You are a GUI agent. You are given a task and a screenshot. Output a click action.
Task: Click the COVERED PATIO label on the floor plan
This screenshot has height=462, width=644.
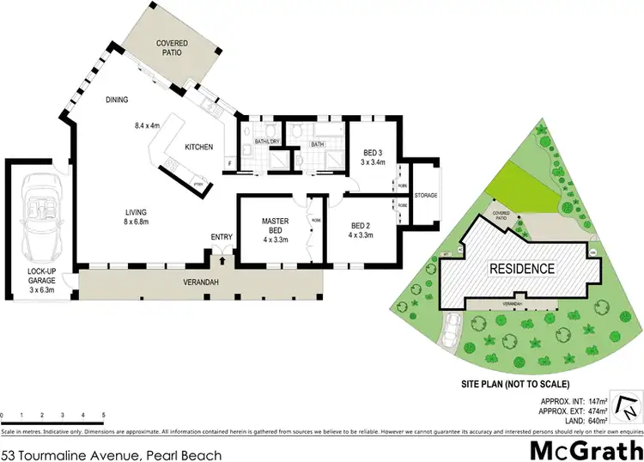[x=171, y=47]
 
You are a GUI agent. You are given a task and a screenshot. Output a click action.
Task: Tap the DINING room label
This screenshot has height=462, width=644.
[x=117, y=100]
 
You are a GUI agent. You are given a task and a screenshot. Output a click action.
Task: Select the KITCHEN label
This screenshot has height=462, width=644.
[x=199, y=147]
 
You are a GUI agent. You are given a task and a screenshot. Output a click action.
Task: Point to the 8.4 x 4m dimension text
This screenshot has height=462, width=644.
[x=149, y=125]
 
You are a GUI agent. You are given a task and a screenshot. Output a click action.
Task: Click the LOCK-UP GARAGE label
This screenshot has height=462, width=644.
[x=40, y=283]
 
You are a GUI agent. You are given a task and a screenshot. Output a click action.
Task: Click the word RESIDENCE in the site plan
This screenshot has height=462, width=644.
[x=521, y=268]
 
